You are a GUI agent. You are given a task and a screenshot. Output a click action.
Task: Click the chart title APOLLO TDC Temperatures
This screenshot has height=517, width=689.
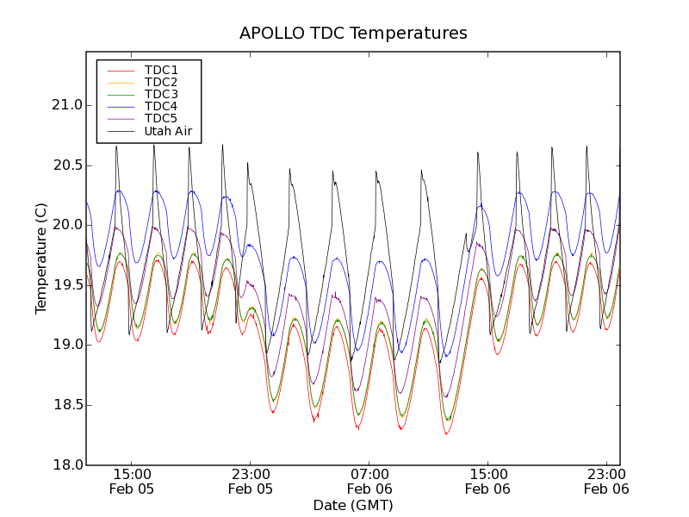coord(353,34)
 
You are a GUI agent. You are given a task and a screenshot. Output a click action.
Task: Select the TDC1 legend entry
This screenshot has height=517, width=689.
coord(161,70)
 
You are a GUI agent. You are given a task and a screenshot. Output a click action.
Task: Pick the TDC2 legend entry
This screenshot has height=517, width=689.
coord(161,82)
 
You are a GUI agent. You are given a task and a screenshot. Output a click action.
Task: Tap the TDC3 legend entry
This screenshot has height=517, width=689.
coord(161,94)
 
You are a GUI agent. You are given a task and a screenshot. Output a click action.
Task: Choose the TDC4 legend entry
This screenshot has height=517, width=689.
coord(161,106)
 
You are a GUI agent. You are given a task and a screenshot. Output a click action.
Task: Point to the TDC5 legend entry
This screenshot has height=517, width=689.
coord(161,118)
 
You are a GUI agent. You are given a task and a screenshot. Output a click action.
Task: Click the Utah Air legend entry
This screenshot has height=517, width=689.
coord(168,131)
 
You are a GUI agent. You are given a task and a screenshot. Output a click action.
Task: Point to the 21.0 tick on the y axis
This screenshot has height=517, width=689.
coord(66,105)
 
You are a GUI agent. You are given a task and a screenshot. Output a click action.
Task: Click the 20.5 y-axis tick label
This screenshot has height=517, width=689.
coord(66,165)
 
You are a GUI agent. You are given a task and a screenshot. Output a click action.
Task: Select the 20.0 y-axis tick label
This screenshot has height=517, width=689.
coord(66,225)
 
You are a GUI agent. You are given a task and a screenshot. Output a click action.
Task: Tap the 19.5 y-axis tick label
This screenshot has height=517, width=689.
coord(66,285)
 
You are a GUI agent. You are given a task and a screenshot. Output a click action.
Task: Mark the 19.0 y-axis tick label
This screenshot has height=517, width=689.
coord(66,345)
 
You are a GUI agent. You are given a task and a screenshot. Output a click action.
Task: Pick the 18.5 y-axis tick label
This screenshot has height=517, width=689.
coord(66,405)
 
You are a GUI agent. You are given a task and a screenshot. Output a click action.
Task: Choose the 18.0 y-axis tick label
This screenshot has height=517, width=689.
coord(66,464)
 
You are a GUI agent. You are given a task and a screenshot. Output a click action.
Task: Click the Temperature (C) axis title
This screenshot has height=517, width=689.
coord(41,258)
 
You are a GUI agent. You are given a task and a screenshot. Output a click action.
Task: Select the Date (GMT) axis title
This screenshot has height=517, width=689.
coord(353,505)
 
